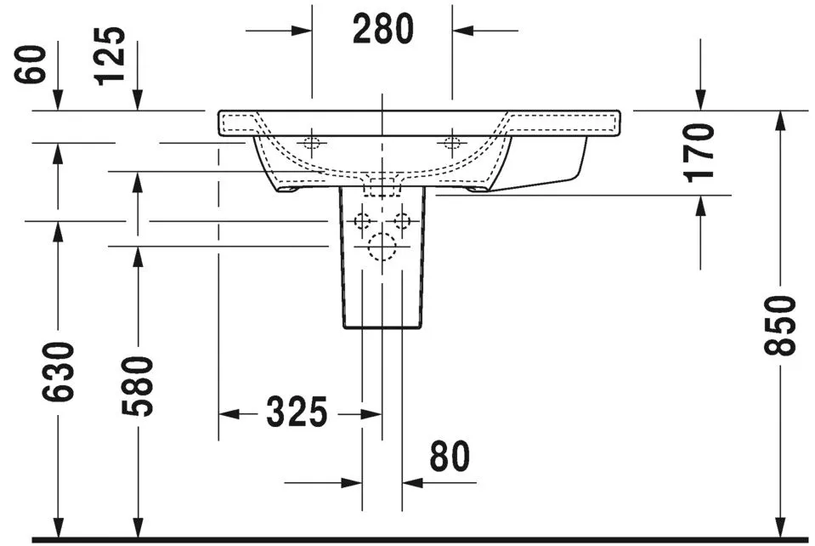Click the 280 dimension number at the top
382,30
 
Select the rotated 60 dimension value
31,64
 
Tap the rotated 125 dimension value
110,56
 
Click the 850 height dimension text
780,326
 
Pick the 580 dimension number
138,386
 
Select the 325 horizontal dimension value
297,413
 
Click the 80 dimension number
449,458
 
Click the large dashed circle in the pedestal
382,247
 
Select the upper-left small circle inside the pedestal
363,222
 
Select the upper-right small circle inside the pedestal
401,222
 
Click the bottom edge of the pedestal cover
382,328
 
